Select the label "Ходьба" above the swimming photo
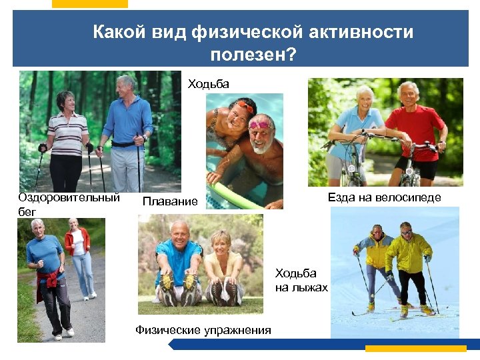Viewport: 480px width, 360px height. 208,83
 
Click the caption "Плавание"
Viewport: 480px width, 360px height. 170,201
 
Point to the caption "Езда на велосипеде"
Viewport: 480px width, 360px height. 384,197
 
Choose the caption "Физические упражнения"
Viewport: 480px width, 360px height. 203,329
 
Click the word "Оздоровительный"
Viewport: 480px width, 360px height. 69,197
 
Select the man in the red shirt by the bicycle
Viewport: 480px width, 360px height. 413,130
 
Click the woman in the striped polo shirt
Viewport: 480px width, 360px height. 67,137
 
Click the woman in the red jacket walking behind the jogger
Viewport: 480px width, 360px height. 78,257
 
